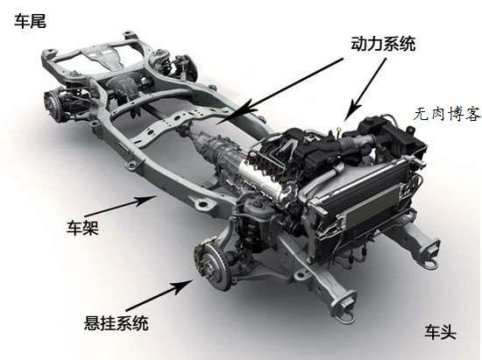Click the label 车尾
point(30,22)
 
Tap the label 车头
point(440,331)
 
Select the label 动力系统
point(383,44)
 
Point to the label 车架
point(82,228)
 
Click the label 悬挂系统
point(116,323)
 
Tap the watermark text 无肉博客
point(447,114)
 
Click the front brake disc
point(213,265)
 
